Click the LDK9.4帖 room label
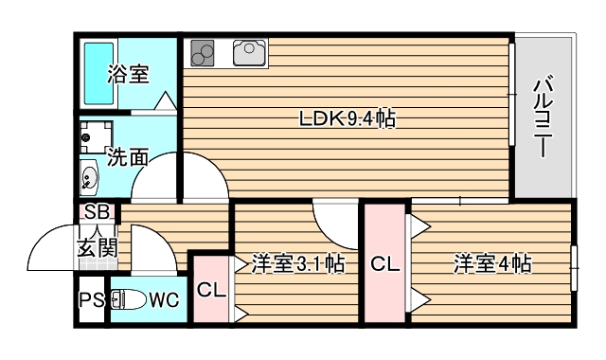pyautogui.click(x=347, y=119)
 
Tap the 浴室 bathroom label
pyautogui.click(x=127, y=74)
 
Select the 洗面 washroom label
pyautogui.click(x=127, y=157)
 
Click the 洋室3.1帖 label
pyautogui.click(x=297, y=263)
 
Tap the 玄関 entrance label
pyautogui.click(x=97, y=248)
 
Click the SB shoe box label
pyautogui.click(x=97, y=212)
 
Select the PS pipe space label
pyautogui.click(x=92, y=302)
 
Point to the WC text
pyautogui.click(x=163, y=301)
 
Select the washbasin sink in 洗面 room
pyautogui.click(x=90, y=176)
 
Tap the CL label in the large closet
pyautogui.click(x=384, y=263)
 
